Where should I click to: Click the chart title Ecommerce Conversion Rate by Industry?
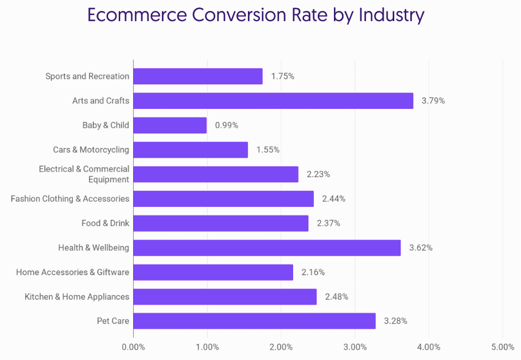point(255,15)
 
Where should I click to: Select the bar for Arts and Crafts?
point(273,101)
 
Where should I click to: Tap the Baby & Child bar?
point(170,126)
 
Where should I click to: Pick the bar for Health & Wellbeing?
point(267,248)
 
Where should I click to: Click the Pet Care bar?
point(254,321)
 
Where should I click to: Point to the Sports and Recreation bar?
point(198,76)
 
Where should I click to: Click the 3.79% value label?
point(433,101)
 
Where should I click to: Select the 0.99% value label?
point(227,126)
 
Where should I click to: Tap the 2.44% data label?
point(334,199)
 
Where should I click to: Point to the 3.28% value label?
point(396,321)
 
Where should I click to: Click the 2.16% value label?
point(313,272)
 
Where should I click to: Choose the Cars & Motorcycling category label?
point(91,150)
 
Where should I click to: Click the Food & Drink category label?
point(106,223)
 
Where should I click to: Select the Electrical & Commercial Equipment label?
point(84,174)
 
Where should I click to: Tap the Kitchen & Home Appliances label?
point(77,296)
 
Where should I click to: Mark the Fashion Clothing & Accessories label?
point(70,199)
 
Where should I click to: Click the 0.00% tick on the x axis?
point(133,347)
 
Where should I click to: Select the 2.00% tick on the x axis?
point(281,347)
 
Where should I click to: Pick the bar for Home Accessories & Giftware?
point(213,272)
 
